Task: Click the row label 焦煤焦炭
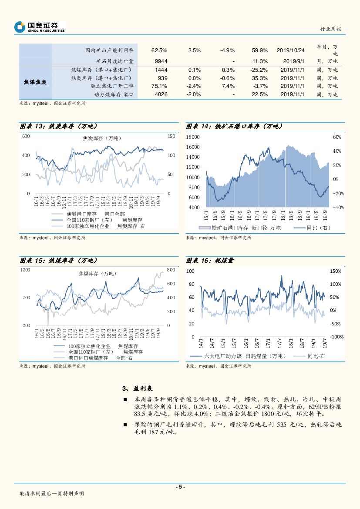coord(35,82)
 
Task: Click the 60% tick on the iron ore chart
coord(336,137)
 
